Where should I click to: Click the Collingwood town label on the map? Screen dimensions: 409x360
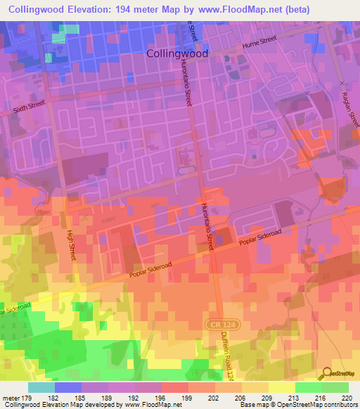177,53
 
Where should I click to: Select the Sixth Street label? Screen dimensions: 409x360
29,107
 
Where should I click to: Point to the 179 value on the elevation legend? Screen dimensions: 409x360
27,397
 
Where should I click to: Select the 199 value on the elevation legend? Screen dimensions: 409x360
188,397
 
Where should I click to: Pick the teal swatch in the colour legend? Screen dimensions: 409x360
41,387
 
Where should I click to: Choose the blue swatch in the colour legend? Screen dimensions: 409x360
68,387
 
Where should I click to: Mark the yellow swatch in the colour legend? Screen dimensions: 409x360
282,387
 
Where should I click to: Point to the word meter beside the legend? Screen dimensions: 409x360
10,397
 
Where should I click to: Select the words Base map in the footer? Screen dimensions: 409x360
254,405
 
